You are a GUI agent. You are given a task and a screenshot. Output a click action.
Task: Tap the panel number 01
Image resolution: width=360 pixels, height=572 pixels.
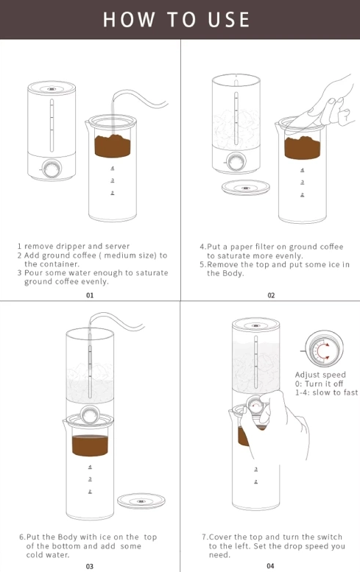pos(90,295)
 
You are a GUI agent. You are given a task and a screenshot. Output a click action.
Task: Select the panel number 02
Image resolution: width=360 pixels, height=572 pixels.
pos(271,295)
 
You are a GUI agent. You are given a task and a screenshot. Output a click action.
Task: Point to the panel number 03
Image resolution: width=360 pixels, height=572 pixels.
pos(90,566)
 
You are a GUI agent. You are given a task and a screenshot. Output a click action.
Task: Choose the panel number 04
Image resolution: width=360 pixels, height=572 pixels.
pos(270,566)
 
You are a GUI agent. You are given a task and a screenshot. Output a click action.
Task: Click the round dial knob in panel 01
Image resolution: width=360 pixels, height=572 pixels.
pos(52,169)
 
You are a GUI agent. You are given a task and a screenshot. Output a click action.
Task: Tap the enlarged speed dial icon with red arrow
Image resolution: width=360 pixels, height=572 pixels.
pos(322,349)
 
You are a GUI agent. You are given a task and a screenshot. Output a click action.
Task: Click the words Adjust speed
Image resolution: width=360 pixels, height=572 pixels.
pos(320,375)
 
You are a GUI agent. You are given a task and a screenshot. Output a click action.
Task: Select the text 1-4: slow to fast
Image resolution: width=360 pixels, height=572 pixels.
pos(326,392)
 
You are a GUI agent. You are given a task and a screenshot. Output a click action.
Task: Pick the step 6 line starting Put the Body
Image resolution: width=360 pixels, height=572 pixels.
pos(88,537)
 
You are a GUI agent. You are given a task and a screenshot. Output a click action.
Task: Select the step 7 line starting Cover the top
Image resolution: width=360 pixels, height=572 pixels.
pos(272,537)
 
